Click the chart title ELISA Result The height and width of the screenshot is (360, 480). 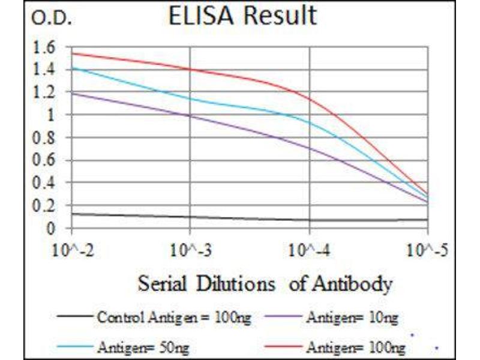click(242, 16)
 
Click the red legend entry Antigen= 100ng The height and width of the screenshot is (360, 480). click(355, 346)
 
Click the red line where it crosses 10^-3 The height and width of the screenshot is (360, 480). click(190, 70)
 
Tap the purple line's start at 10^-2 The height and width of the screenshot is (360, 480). click(72, 93)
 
